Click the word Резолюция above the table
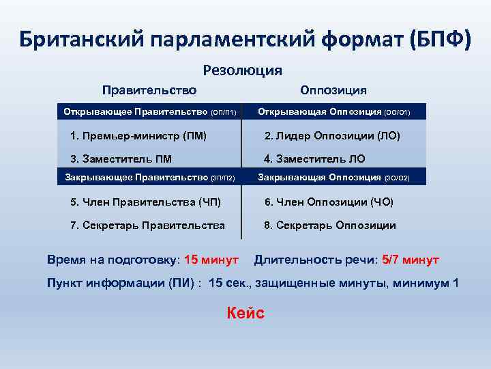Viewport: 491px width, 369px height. (x=243, y=70)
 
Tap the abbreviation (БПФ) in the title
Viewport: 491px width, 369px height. (x=441, y=39)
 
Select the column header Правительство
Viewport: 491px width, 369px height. (x=149, y=90)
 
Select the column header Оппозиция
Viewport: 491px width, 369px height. (x=333, y=90)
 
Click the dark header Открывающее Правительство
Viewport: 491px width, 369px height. (x=149, y=111)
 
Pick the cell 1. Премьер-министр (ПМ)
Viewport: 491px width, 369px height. (x=138, y=136)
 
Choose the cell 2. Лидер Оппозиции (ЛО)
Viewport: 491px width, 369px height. (x=332, y=136)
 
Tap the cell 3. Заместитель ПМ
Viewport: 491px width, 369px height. (x=121, y=159)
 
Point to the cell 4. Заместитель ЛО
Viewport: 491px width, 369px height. (x=314, y=159)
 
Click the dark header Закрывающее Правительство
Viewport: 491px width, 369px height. (x=149, y=178)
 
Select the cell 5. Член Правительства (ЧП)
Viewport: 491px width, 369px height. (x=146, y=202)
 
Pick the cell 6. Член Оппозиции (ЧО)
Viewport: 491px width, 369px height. (x=329, y=202)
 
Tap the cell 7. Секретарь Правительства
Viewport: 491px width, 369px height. (x=147, y=225)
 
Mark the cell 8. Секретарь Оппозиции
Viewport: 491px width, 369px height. (x=330, y=225)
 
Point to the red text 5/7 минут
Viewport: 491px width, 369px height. (x=411, y=260)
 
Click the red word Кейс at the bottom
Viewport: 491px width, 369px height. (x=245, y=313)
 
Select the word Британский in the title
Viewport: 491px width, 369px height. (x=82, y=39)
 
